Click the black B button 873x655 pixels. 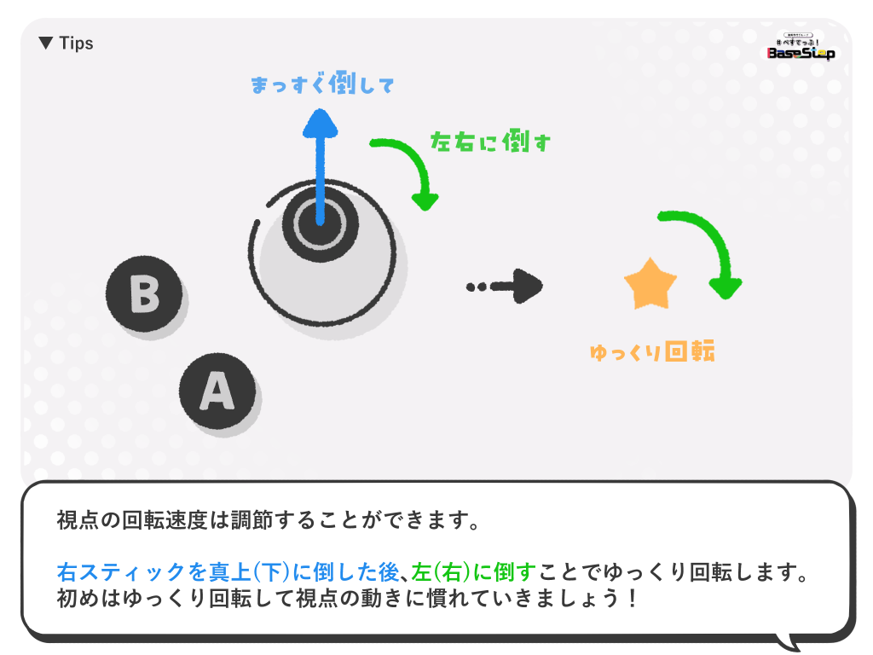(x=144, y=294)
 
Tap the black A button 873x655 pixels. (x=217, y=391)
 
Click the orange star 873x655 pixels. (x=650, y=284)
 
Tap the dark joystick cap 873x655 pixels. (x=315, y=224)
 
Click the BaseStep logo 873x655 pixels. (x=801, y=47)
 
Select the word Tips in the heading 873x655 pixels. (x=76, y=43)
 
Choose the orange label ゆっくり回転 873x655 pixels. (x=651, y=351)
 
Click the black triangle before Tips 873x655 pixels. (x=46, y=43)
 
